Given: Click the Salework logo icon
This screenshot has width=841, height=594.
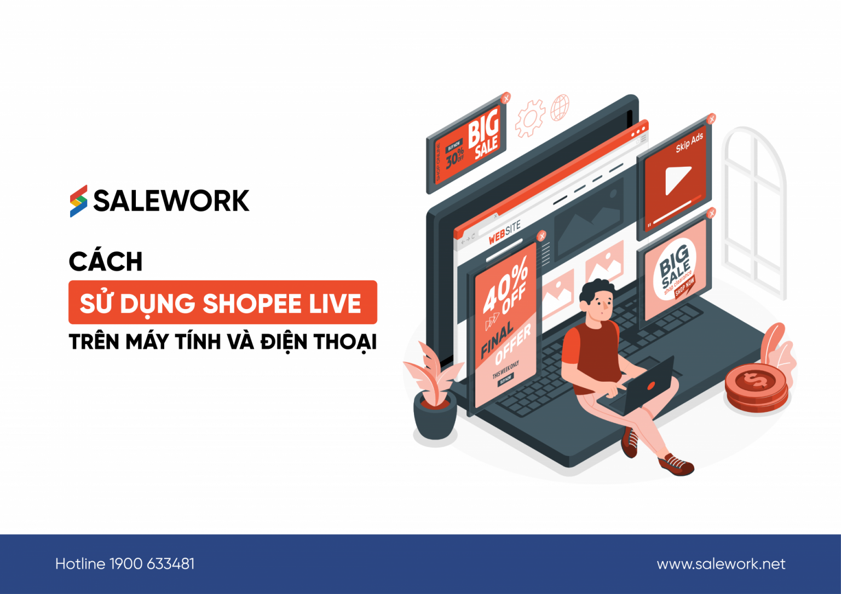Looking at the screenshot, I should [78, 201].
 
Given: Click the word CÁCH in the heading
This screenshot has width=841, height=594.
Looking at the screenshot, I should [106, 261].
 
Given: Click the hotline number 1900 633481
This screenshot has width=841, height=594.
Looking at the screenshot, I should [152, 564].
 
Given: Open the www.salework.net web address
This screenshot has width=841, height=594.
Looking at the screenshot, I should [721, 564].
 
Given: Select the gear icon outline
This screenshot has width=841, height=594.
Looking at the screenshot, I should [530, 118].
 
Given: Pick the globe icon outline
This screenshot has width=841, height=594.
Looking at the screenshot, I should [560, 107].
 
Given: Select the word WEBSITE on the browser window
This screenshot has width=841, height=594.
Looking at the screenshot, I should [504, 233].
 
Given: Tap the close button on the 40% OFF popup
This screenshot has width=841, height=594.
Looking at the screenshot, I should [542, 236].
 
